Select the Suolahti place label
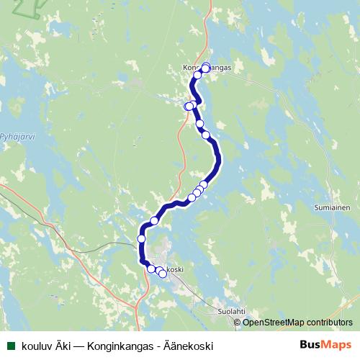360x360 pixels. (232, 311)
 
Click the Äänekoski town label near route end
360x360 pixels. (173, 269)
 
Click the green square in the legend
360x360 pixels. (11, 346)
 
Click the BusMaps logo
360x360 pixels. (325, 346)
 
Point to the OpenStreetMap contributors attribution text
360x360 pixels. (297, 322)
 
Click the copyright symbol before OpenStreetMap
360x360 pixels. (238, 322)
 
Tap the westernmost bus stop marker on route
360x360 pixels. (142, 238)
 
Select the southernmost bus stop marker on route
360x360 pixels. (163, 274)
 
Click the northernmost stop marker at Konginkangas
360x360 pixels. (206, 68)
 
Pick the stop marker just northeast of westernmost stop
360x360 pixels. (154, 220)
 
